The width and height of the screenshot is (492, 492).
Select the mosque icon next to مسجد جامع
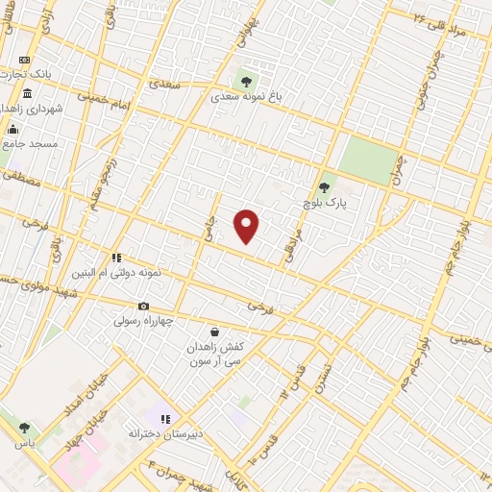point(12,129)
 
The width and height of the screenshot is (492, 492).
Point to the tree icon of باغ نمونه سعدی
point(247,81)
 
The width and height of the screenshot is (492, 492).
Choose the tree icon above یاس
point(23,429)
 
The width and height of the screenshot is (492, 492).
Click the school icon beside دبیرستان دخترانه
point(165,419)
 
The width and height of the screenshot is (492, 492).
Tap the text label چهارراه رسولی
point(143,322)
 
